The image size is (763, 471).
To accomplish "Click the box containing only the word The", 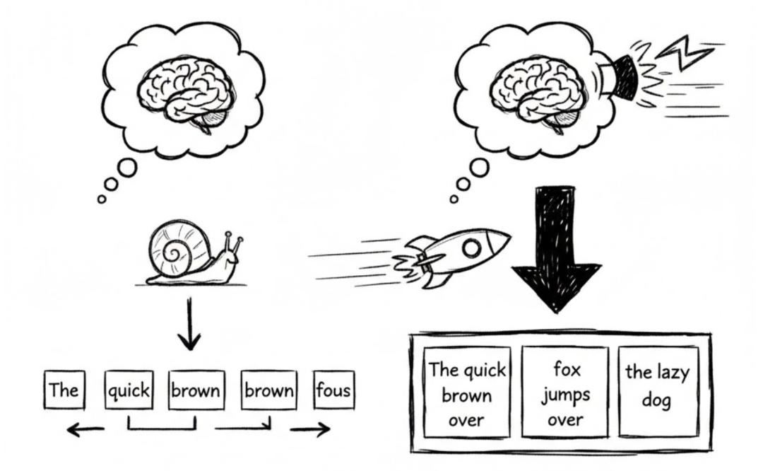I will [64, 390].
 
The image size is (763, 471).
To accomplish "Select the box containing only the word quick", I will [128, 390].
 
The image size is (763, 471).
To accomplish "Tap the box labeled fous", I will [333, 390].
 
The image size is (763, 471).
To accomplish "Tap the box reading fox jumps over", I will [565, 393].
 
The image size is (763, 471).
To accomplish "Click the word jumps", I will [565, 394].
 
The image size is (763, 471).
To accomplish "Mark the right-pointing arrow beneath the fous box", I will [311, 429].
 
